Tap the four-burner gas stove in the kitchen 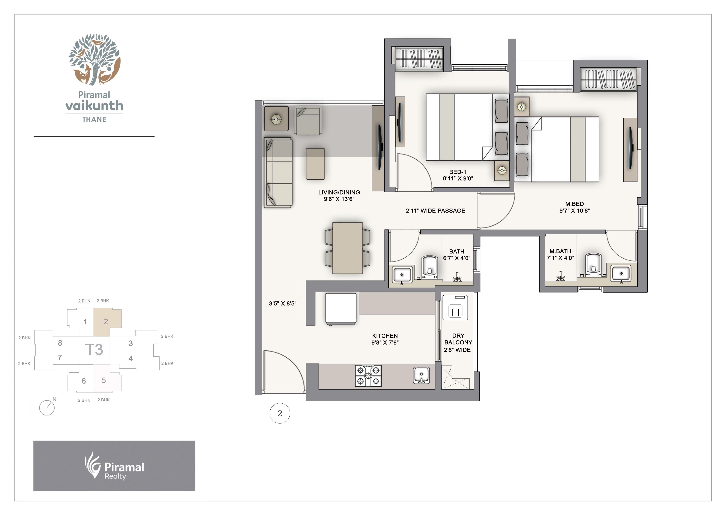tap(368, 376)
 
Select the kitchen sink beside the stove tap(421, 376)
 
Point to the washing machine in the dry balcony tap(455, 308)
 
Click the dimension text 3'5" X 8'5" tap(282, 304)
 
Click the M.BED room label tap(574, 204)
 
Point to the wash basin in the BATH tap(402, 274)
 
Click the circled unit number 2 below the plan tap(280, 413)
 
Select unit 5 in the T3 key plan tap(104, 380)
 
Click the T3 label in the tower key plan tap(94, 350)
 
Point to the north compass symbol tap(47, 407)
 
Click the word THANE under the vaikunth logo tap(94, 120)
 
